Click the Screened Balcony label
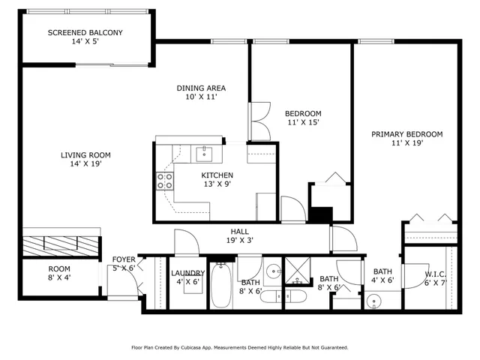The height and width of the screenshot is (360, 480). (85, 37)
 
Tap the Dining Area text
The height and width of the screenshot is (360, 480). (201, 93)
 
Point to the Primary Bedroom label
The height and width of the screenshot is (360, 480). (407, 139)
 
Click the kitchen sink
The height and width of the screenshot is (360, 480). (203, 154)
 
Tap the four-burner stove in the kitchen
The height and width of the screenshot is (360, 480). (164, 181)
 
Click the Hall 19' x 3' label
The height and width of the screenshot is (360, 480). (240, 237)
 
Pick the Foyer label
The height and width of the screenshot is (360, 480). (124, 264)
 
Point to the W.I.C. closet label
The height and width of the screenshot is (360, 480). (436, 278)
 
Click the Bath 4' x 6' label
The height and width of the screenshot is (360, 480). (382, 277)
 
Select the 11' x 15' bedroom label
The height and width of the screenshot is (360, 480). (304, 118)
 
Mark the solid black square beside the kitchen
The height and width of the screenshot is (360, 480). (321, 214)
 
